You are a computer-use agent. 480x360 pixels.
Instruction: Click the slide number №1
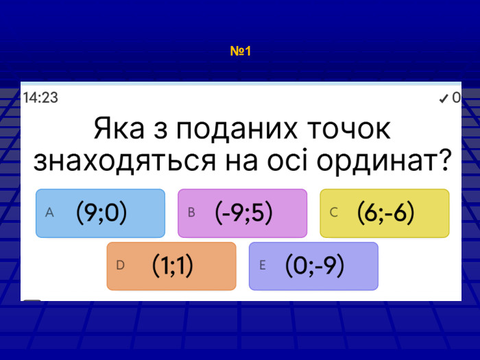(241, 51)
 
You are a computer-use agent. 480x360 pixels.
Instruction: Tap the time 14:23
(40, 98)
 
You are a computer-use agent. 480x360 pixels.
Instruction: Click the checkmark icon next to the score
(444, 99)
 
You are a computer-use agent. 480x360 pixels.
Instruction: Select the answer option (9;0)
(101, 213)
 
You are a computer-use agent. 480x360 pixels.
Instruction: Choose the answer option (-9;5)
(243, 213)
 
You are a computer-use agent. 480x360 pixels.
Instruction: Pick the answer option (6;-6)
(385, 213)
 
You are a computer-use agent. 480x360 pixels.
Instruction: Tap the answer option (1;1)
(171, 266)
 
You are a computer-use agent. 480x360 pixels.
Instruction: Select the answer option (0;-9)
(313, 266)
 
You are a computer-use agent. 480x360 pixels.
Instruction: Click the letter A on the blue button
(49, 213)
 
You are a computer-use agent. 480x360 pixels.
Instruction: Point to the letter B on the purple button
(191, 213)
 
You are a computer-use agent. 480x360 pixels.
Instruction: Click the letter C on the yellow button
(333, 213)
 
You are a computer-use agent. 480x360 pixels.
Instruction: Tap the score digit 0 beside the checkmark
(456, 99)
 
